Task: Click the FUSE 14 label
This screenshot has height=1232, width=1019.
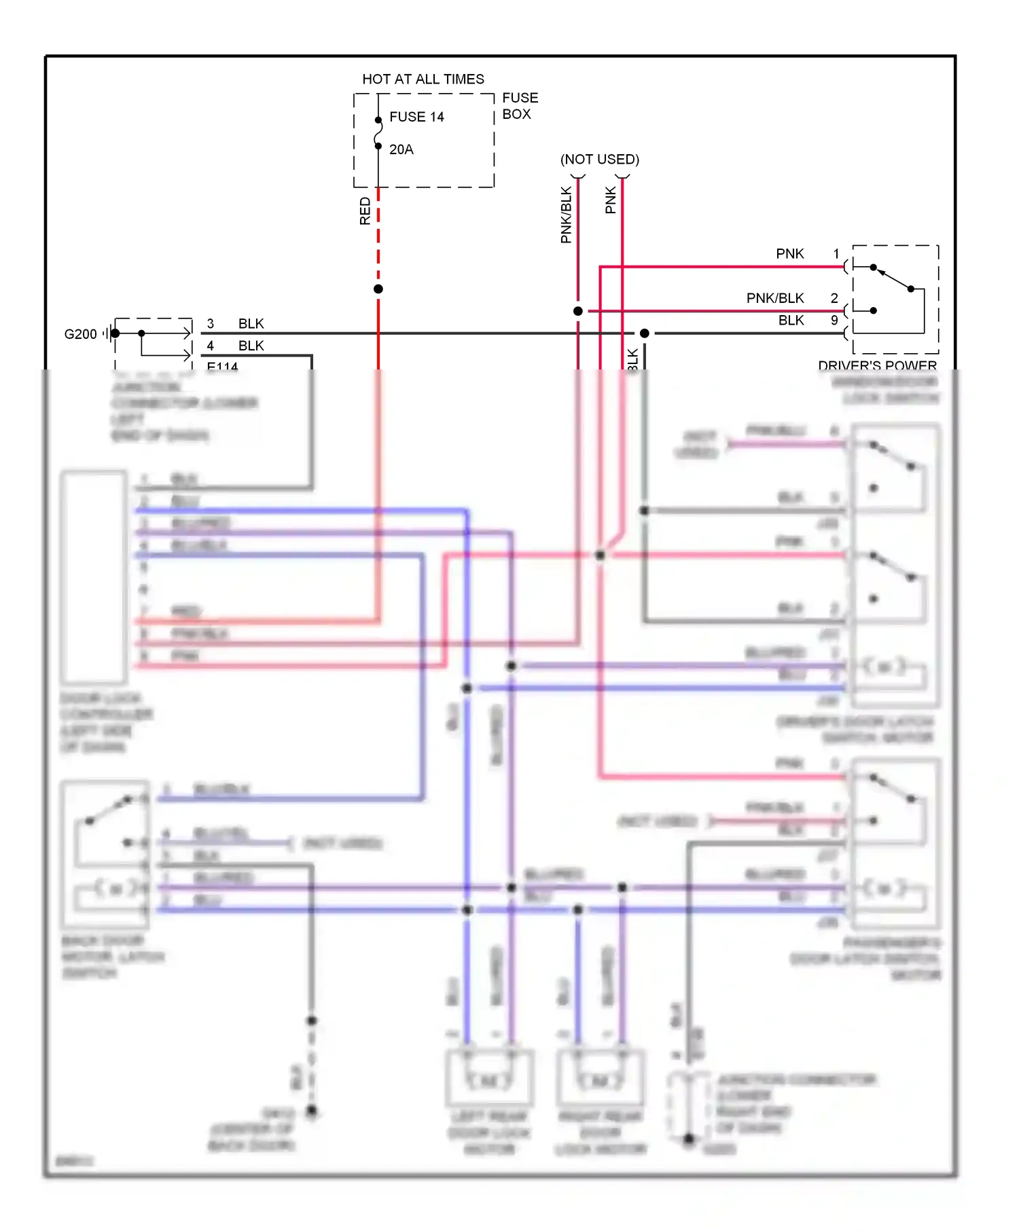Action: [x=416, y=117]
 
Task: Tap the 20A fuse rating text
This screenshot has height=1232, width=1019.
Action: [x=401, y=149]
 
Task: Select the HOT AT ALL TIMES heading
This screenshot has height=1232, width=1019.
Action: [x=423, y=79]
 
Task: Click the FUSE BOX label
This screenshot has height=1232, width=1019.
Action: [x=519, y=106]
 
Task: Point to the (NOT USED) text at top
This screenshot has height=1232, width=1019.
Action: [x=599, y=160]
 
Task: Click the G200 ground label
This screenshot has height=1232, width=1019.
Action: [x=80, y=334]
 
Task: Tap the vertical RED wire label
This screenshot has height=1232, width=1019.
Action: [x=365, y=211]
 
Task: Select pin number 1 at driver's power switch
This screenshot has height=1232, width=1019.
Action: [x=836, y=253]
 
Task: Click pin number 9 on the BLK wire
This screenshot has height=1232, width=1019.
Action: [x=834, y=320]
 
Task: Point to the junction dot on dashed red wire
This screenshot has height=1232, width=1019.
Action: [x=378, y=289]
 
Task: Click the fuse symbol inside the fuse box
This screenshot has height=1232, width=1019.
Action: [x=378, y=133]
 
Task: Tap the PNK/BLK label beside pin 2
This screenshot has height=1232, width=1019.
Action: [x=774, y=298]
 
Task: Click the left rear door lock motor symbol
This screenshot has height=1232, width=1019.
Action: [x=489, y=1080]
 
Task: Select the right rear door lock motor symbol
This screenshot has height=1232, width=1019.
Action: [x=600, y=1080]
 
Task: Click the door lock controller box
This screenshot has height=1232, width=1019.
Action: [x=94, y=577]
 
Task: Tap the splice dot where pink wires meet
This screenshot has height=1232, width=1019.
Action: [x=600, y=556]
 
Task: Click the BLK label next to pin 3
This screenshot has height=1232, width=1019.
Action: [x=251, y=324]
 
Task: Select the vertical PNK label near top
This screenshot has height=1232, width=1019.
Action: [x=610, y=200]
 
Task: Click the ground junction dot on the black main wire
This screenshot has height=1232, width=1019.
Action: [x=644, y=333]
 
